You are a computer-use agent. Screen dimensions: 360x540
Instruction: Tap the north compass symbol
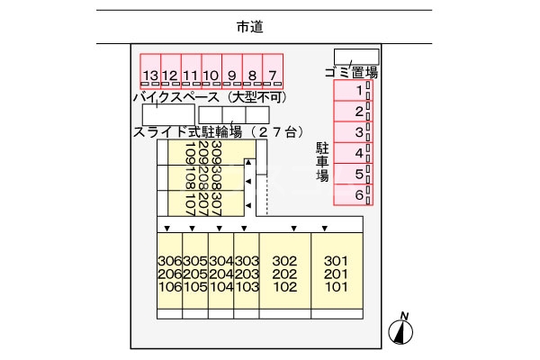(400, 330)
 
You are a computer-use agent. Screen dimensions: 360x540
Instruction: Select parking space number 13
(150, 75)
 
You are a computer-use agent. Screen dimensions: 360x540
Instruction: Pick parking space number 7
(273, 75)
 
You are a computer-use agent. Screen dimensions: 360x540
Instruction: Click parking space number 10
(211, 75)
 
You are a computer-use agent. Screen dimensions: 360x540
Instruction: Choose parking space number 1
(358, 91)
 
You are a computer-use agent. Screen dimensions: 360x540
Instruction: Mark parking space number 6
(358, 194)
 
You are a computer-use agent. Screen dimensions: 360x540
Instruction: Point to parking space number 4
(358, 153)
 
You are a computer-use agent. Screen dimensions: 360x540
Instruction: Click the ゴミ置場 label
(350, 72)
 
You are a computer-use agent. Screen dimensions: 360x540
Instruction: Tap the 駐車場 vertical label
(321, 161)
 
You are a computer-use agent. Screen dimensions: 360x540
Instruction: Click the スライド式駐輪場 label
(187, 132)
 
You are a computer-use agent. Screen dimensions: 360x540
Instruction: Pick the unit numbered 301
(336, 261)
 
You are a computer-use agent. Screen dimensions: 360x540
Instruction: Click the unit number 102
(284, 288)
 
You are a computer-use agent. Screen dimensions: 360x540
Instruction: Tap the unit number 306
(169, 261)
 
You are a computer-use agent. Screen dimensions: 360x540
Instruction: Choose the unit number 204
(221, 274)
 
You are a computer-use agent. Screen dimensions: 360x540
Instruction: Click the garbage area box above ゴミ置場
(356, 57)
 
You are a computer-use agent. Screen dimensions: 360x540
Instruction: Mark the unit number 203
(247, 274)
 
